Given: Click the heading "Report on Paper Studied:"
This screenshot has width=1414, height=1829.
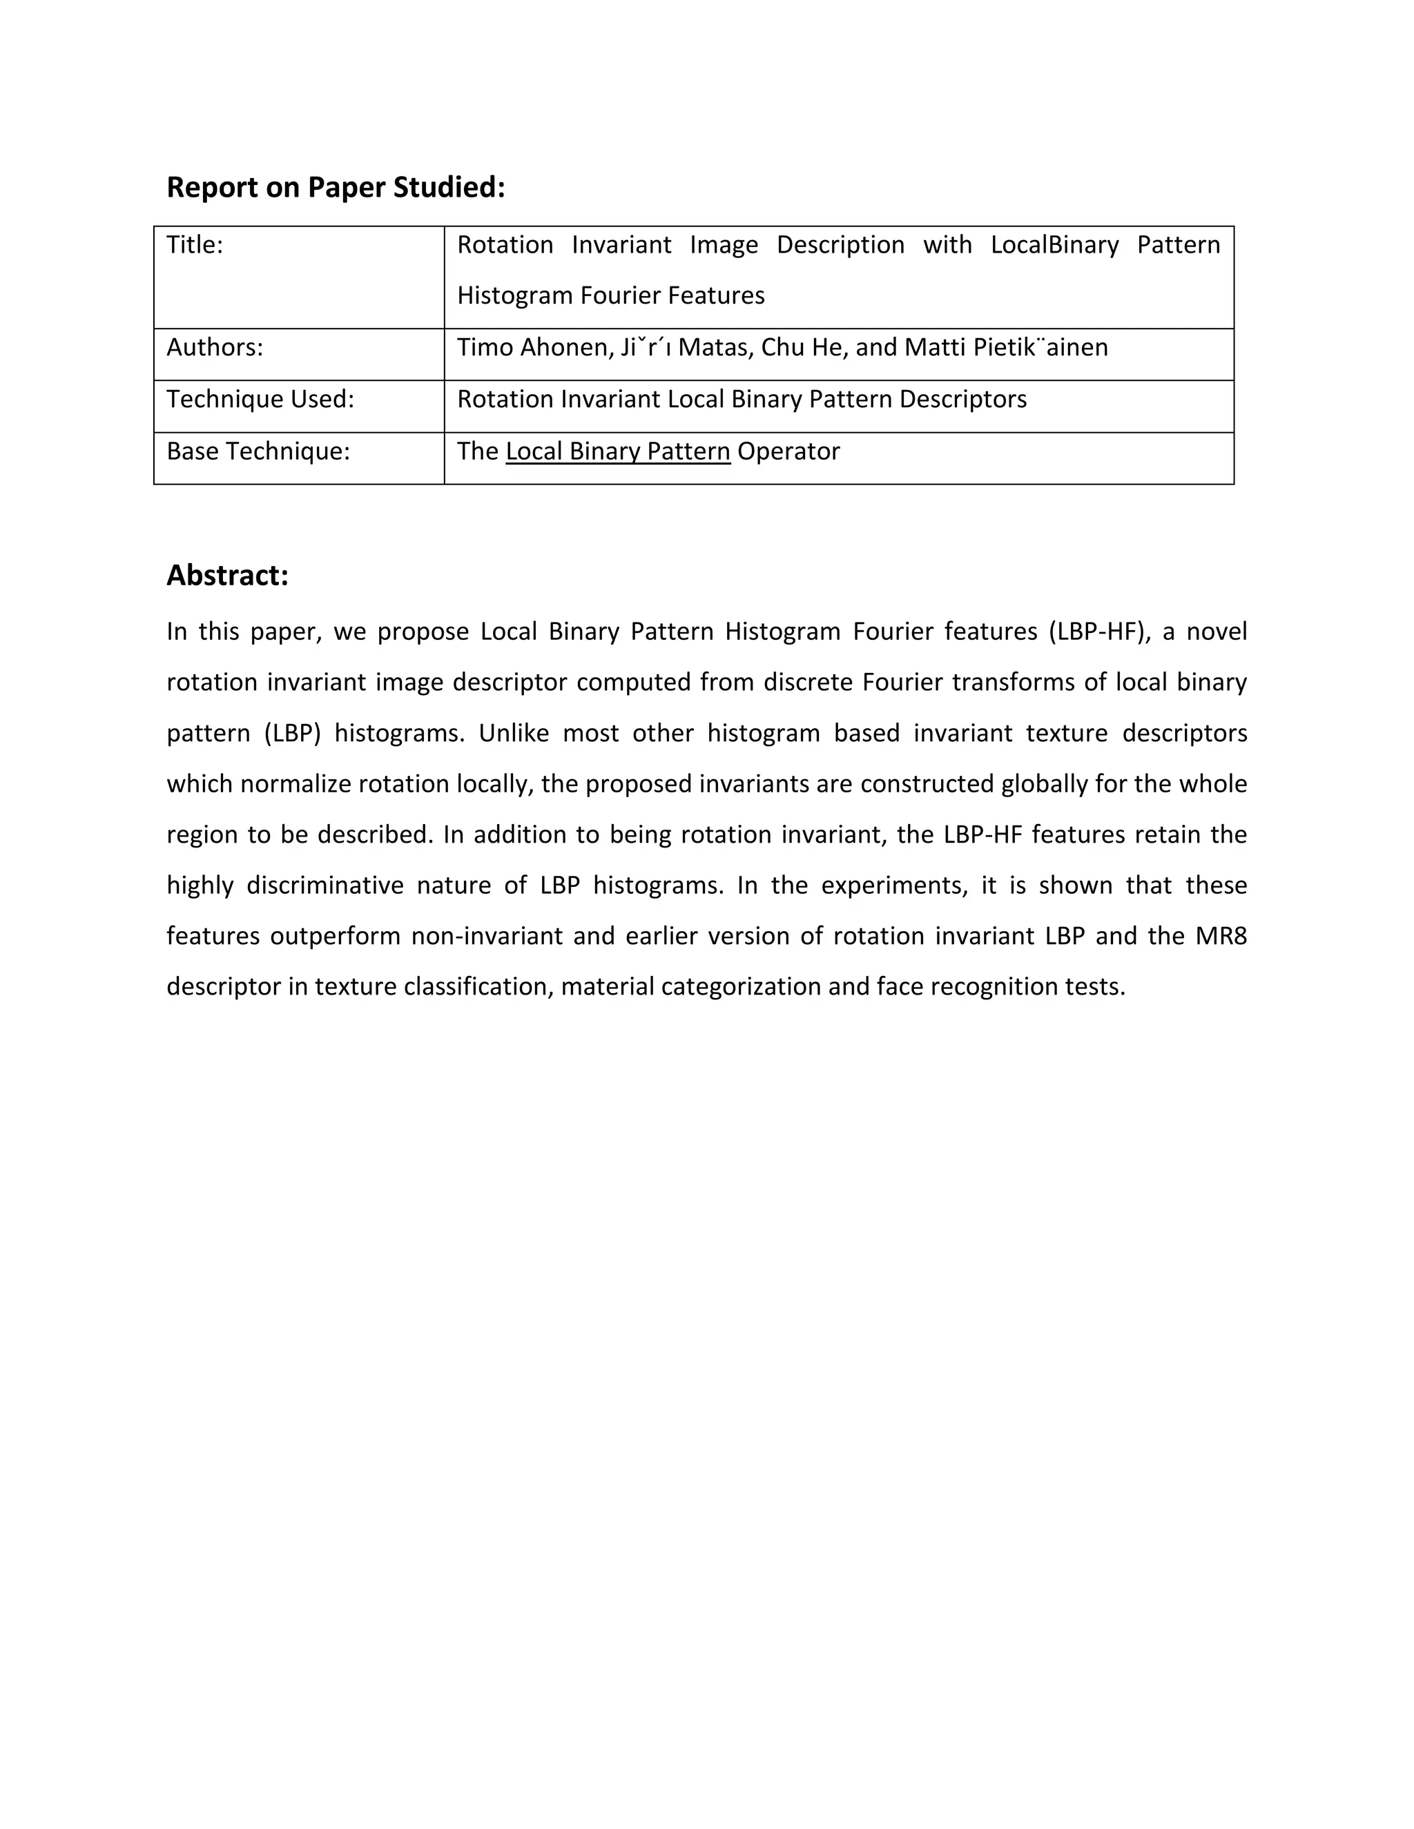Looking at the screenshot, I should [336, 188].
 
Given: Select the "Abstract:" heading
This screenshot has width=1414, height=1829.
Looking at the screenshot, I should [227, 576].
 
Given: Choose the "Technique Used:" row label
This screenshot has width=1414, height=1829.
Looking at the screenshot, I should [260, 399].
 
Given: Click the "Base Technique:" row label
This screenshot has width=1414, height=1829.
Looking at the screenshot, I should [258, 451].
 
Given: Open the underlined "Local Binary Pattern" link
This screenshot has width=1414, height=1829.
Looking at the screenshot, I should [617, 451].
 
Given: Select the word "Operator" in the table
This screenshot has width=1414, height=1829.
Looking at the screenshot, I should [788, 451].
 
